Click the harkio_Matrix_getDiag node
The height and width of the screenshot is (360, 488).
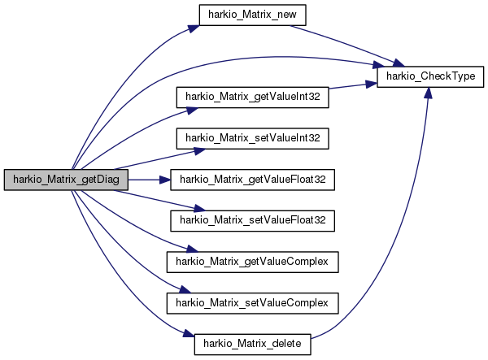(66, 180)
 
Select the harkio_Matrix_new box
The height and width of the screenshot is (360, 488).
(252, 15)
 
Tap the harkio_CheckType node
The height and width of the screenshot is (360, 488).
(430, 76)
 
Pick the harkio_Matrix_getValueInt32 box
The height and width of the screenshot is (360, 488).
(252, 98)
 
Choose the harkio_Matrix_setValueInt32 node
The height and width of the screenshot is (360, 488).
(252, 138)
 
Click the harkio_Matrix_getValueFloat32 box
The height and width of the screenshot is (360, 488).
(252, 180)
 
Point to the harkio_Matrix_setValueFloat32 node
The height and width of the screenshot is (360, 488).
(252, 221)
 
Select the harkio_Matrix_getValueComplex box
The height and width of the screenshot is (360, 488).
(252, 262)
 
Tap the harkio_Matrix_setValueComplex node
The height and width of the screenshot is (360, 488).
(252, 303)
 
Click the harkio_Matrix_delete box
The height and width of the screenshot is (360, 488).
(252, 345)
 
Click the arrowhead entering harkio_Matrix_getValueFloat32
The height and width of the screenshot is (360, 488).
(165, 180)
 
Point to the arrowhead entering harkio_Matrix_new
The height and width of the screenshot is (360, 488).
(194, 28)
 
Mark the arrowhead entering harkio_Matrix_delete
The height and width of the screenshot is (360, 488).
(189, 333)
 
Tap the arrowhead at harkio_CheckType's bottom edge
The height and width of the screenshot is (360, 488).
(429, 93)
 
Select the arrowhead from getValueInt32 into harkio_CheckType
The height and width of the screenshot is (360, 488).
(372, 84)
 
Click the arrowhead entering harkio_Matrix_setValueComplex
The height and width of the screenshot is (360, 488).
(185, 290)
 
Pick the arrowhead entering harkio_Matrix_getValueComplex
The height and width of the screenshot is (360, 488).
(192, 249)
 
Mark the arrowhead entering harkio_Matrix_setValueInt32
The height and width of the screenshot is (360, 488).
(200, 151)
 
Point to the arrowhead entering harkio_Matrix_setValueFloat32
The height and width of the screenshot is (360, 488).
(200, 209)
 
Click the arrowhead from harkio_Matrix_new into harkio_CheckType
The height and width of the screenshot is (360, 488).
(399, 63)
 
